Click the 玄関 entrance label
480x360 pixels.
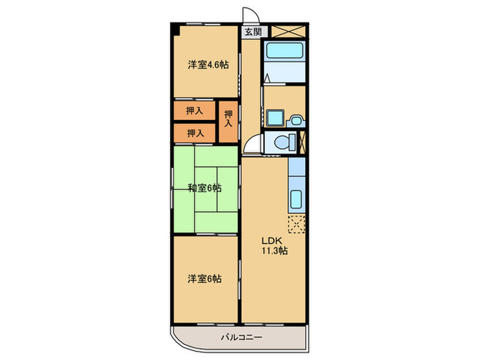tap(252, 32)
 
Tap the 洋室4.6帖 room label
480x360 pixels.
tap(208, 64)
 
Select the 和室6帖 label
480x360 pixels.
tap(206, 189)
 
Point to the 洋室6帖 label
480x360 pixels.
tap(205, 278)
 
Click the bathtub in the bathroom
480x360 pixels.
tap(285, 51)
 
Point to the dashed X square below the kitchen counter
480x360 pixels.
tap(297, 225)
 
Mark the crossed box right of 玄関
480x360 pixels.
tap(288, 32)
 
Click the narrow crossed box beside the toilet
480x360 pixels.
tap(302, 143)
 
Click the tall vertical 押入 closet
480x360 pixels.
tap(228, 119)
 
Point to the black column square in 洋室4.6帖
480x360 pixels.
tap(177, 29)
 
